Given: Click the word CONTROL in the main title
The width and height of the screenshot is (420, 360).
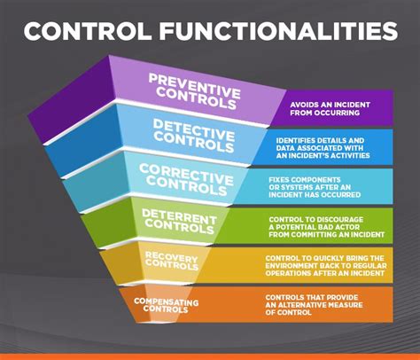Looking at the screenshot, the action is [x=88, y=31].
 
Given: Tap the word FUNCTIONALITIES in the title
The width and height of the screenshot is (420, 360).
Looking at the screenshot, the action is [x=279, y=31].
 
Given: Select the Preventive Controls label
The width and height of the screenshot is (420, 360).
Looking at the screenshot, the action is [x=194, y=91].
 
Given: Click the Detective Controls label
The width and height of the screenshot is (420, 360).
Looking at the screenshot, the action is [x=194, y=136].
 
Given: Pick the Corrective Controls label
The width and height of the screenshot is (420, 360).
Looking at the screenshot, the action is [x=186, y=180].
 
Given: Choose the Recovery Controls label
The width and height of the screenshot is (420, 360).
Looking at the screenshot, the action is [x=172, y=261].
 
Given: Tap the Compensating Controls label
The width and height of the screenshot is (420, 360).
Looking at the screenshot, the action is [x=166, y=305].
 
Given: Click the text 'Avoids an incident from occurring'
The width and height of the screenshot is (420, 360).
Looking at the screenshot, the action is [x=330, y=108].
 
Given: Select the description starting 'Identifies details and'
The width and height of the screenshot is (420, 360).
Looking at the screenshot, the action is [x=323, y=148].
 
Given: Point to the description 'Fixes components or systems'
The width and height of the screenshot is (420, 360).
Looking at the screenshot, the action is [x=315, y=187].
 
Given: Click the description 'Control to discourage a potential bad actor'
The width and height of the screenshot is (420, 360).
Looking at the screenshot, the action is [x=327, y=227].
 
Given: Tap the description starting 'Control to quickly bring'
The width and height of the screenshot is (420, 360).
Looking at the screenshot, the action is [x=326, y=266].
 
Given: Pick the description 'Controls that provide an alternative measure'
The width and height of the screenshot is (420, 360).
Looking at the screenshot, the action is [x=314, y=305].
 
